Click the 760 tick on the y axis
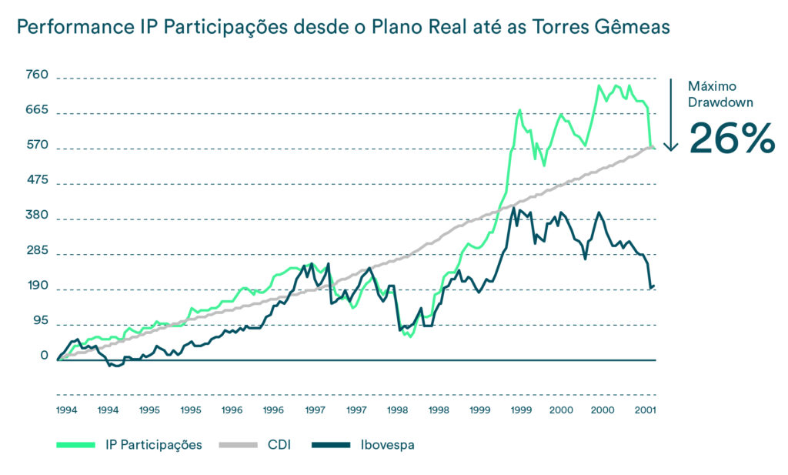36,75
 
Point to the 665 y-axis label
36,110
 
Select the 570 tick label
36,146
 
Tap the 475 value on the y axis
36,180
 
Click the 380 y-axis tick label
36,216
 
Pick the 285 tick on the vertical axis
36,251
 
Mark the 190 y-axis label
36,286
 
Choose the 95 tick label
39,321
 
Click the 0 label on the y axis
44,356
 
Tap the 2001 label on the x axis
645,410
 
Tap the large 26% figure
731,138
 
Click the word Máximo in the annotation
709,85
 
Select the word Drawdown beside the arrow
720,101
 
